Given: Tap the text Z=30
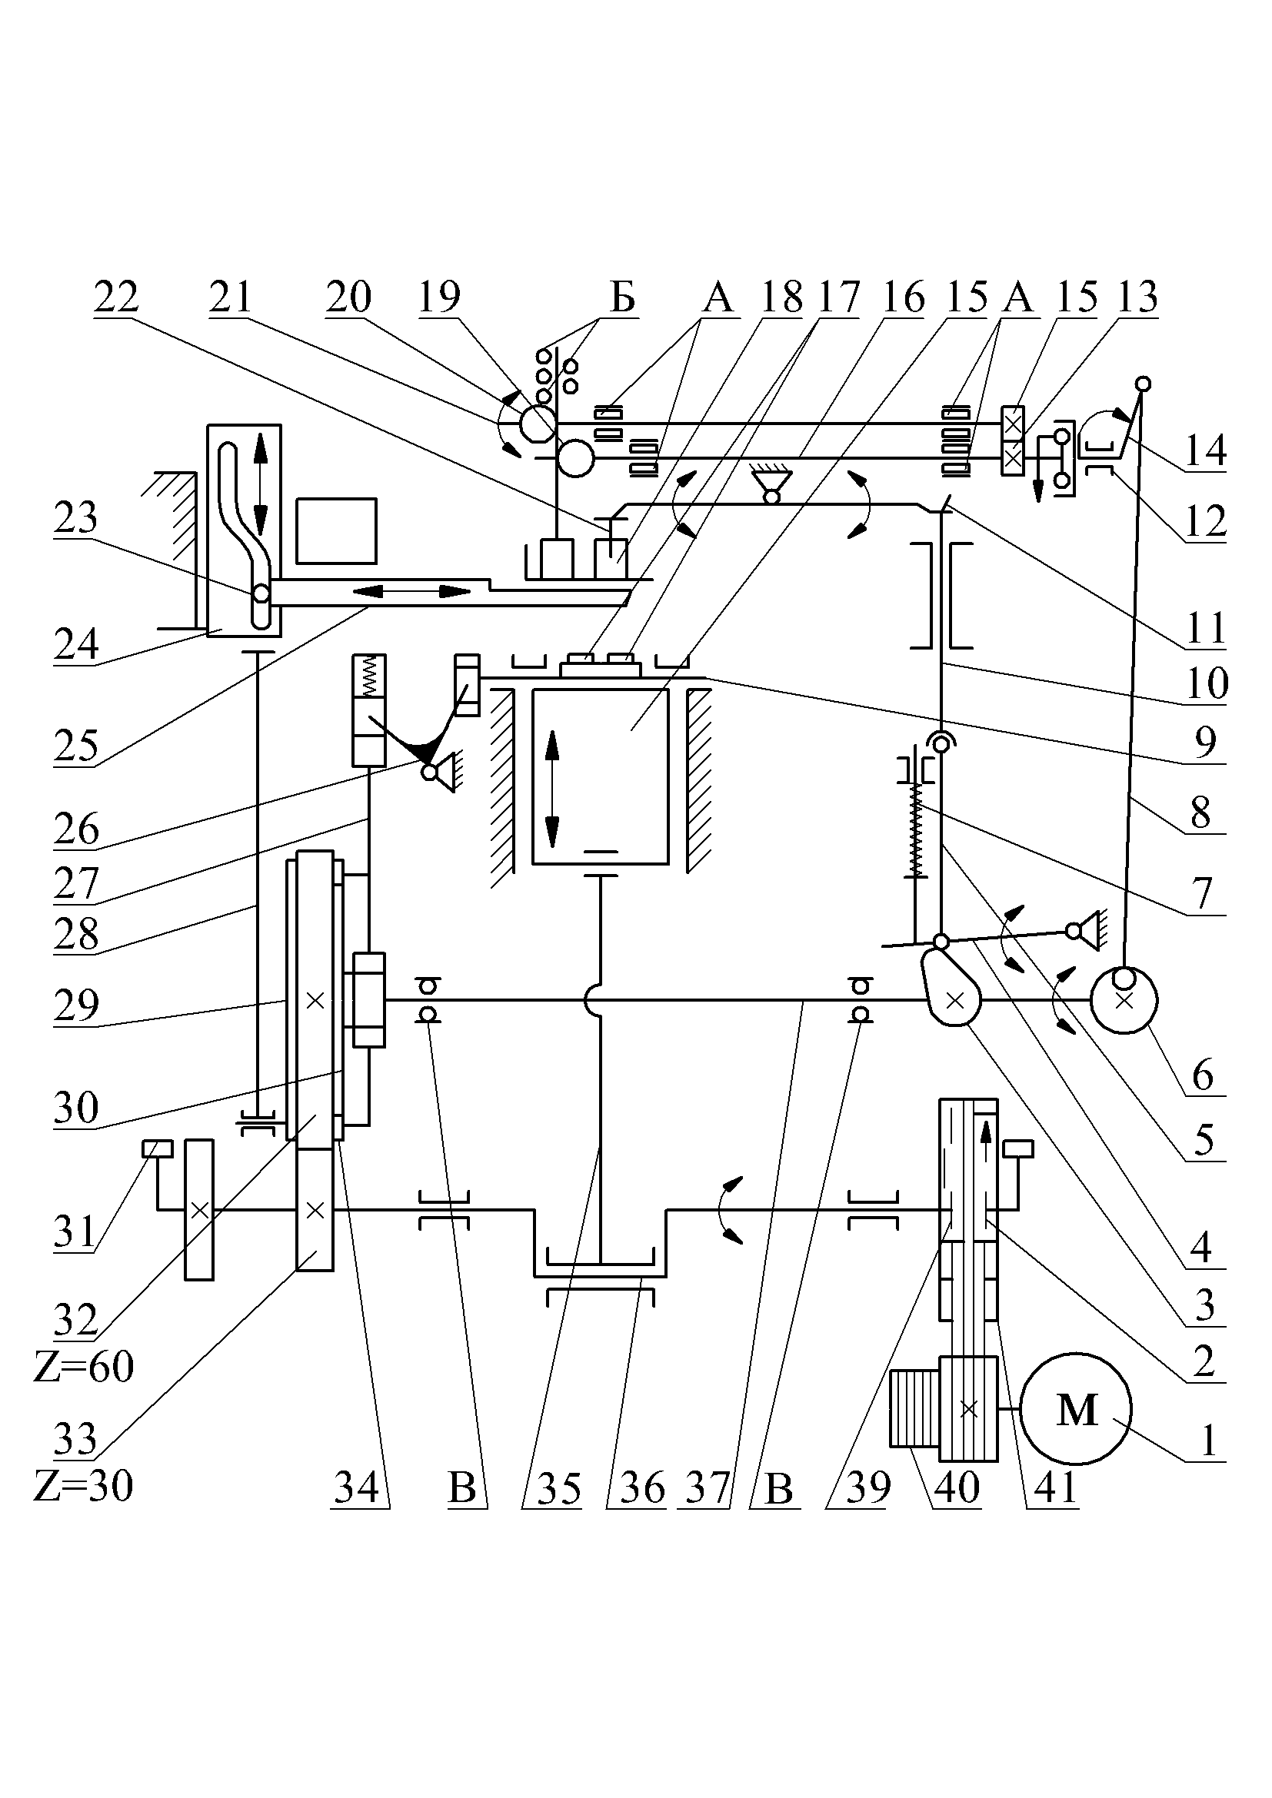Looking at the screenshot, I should (x=84, y=1486).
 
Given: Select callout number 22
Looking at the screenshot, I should (x=116, y=297).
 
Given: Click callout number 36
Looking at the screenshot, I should (x=642, y=1488).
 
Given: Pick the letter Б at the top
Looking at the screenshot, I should (x=623, y=297).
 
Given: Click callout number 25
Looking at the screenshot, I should (x=76, y=746).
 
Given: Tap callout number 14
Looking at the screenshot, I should (x=1204, y=451).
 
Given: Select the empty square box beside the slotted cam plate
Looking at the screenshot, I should (x=336, y=531).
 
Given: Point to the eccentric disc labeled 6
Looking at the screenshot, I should (x=1124, y=1000).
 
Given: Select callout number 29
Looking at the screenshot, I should (x=76, y=1005).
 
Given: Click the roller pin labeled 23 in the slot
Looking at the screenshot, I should (x=261, y=594).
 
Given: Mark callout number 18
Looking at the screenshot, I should (x=781, y=297).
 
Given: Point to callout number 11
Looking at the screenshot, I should (x=1205, y=628).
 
